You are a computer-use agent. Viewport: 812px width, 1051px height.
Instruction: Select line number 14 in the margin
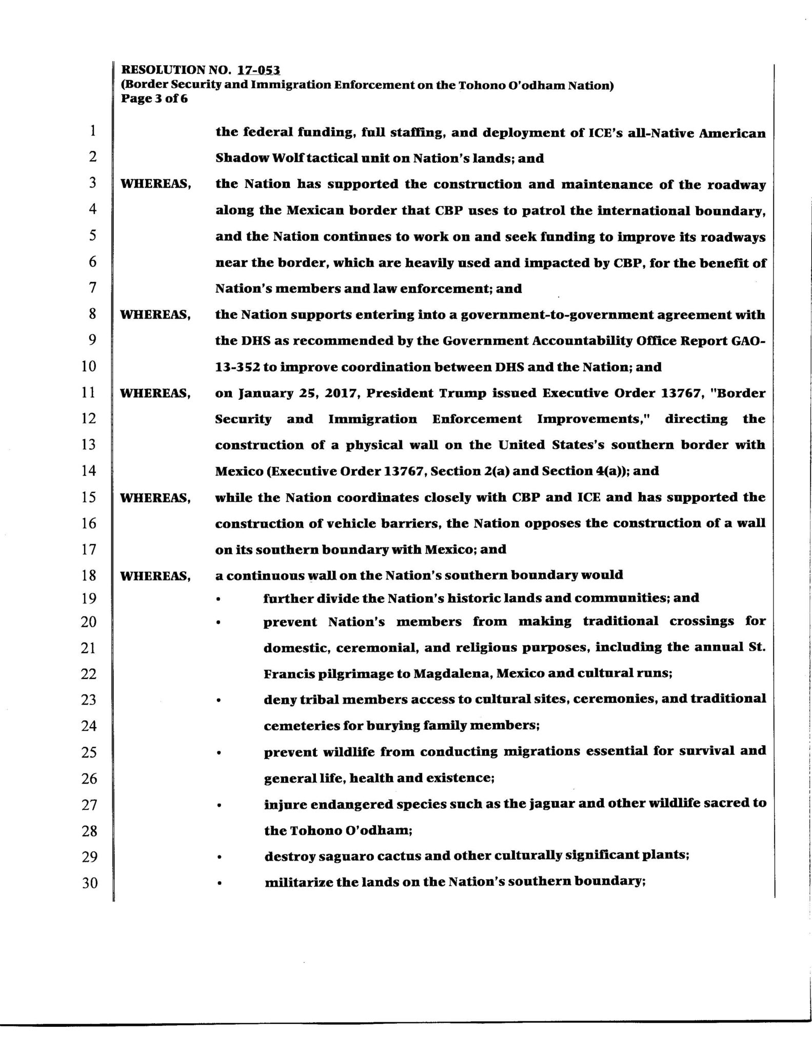click(x=89, y=471)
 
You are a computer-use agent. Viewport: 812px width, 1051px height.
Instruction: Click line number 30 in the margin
click(x=89, y=883)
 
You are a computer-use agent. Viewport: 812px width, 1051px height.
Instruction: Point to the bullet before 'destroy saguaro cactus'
click(x=219, y=857)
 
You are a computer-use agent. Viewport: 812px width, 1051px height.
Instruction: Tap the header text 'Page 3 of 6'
click(x=154, y=99)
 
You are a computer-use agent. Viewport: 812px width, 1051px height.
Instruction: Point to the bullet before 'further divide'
click(x=219, y=599)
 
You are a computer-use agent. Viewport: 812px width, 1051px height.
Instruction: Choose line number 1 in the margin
click(x=92, y=131)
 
